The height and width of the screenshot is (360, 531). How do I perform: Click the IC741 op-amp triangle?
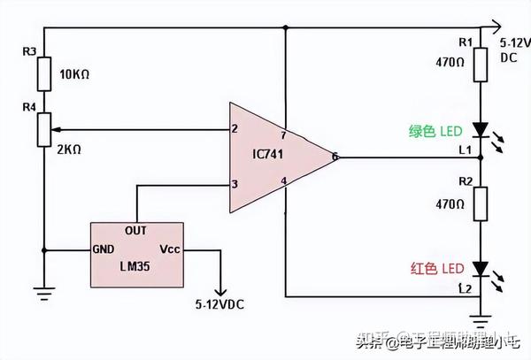tap(274, 157)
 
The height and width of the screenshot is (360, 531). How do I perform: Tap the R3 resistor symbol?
tap(44, 76)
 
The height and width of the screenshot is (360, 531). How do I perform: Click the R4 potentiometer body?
tap(44, 129)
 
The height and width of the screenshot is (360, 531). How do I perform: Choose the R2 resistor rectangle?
tap(479, 204)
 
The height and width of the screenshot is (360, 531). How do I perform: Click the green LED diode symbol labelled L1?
tap(479, 131)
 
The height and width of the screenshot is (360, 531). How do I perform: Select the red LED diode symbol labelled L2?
tap(479, 267)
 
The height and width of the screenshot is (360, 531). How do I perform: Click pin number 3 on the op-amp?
tap(235, 184)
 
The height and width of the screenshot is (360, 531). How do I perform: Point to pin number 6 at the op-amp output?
tap(335, 157)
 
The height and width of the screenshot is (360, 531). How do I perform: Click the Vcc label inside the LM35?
tap(171, 249)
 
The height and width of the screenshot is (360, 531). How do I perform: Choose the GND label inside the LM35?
tap(104, 249)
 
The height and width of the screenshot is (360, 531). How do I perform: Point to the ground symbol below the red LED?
tap(479, 311)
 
